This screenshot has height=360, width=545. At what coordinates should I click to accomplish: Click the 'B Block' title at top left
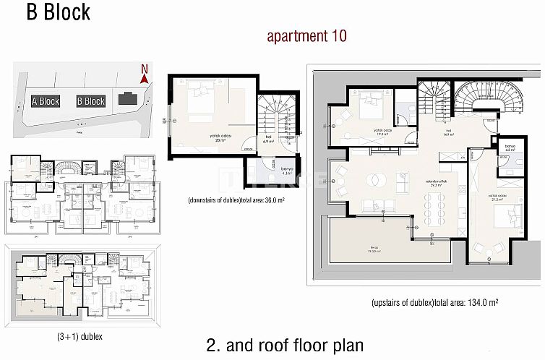[59, 12]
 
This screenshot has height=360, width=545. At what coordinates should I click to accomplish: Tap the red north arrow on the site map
[145, 73]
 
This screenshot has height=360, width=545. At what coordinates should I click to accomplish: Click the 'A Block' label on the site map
[46, 102]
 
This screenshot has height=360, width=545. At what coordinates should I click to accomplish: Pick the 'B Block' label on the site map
[91, 102]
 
